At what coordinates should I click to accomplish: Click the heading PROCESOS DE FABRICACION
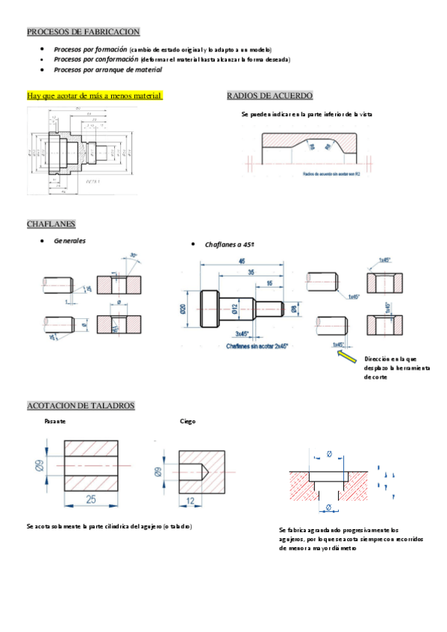coord(83,31)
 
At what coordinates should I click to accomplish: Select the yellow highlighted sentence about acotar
coord(94,96)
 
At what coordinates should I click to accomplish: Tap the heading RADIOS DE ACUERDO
coord(269,96)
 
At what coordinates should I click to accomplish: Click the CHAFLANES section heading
coord(51,224)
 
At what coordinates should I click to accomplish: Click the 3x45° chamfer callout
coord(243,334)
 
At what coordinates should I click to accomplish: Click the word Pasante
coord(55,421)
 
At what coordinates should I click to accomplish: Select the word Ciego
coord(187,421)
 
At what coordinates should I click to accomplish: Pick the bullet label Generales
coord(69,241)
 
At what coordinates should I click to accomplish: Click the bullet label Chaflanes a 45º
coord(229,244)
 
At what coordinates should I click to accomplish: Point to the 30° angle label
coord(133,256)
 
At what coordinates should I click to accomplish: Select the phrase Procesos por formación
coord(90,48)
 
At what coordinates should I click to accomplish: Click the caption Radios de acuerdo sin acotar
coord(331,173)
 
